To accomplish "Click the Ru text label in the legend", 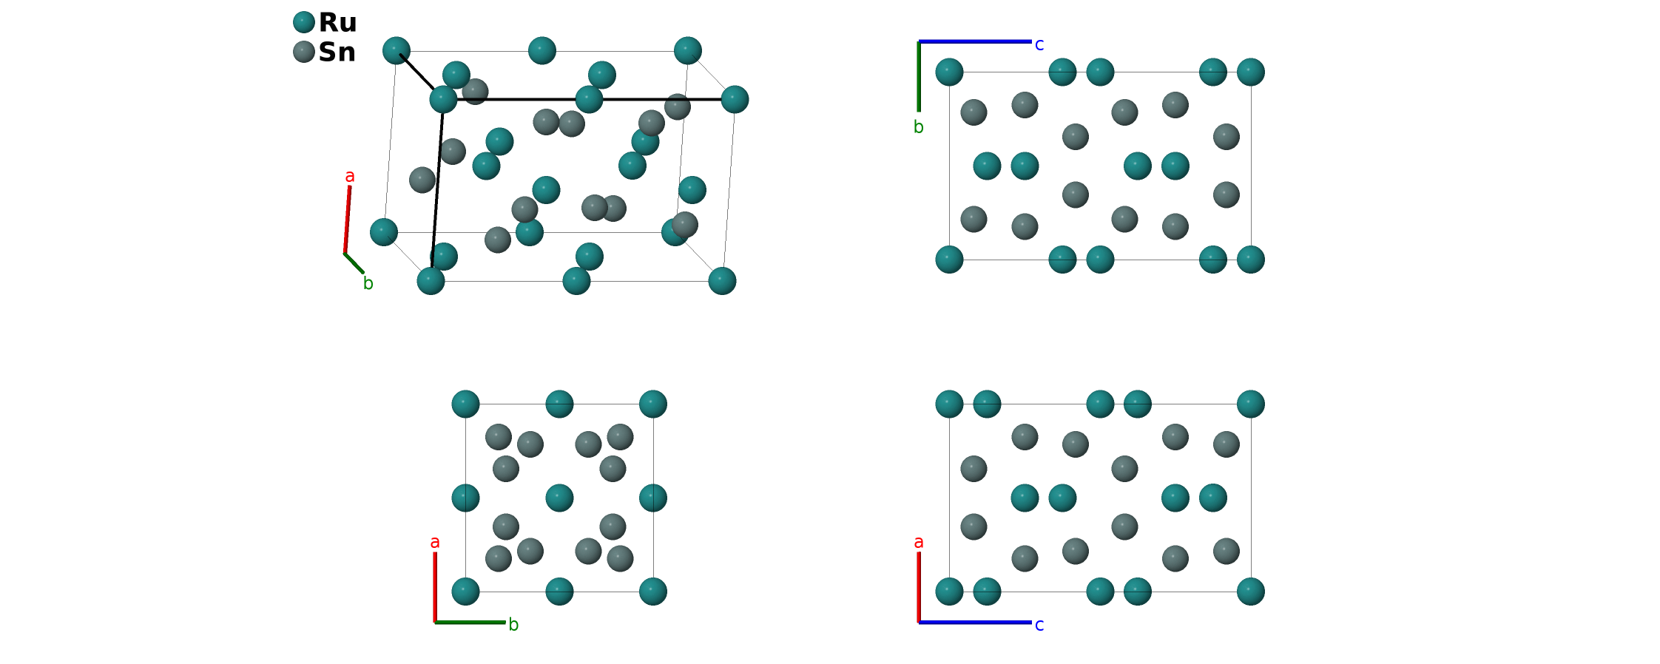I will [337, 23].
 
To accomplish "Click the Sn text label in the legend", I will [337, 52].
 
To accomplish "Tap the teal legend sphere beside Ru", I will [304, 22].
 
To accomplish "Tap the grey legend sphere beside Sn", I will [304, 52].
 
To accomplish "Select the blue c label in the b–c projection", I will [1039, 45].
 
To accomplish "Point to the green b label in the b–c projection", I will [918, 127].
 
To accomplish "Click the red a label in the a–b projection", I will [435, 543].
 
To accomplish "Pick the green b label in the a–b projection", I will [513, 625].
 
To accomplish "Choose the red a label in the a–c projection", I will [919, 543].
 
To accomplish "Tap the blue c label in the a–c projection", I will [1039, 626].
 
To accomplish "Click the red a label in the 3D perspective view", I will [350, 176].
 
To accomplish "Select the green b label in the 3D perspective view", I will [368, 284].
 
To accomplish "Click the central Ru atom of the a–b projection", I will [559, 498].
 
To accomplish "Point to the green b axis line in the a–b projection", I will [470, 623].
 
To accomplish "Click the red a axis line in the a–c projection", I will [919, 587].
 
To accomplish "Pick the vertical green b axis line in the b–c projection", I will [919, 77].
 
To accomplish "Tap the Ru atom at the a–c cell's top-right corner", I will [1250, 404].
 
